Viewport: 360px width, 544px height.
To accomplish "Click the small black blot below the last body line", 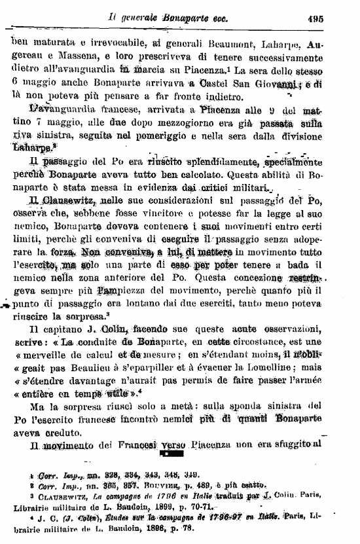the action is click(x=177, y=452).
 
